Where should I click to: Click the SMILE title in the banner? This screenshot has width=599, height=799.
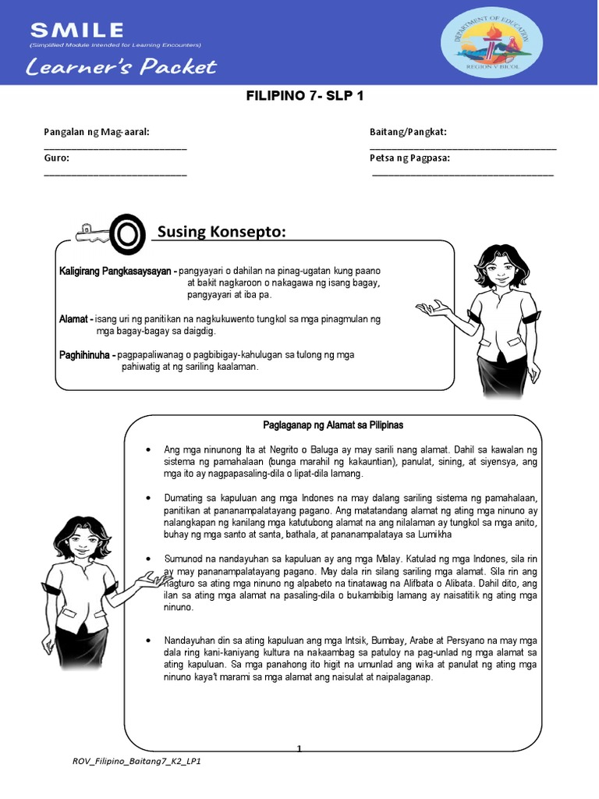76,30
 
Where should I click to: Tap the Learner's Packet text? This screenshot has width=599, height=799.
120,67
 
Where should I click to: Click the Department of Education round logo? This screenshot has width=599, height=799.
487,44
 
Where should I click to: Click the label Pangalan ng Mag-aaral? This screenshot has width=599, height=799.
96,132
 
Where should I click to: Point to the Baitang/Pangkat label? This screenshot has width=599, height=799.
408,132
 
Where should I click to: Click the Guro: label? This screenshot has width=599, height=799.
57,158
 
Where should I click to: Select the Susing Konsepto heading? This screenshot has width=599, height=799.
222,232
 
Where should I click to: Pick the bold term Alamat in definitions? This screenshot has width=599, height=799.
75,319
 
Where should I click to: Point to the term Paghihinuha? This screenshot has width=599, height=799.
87,355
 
